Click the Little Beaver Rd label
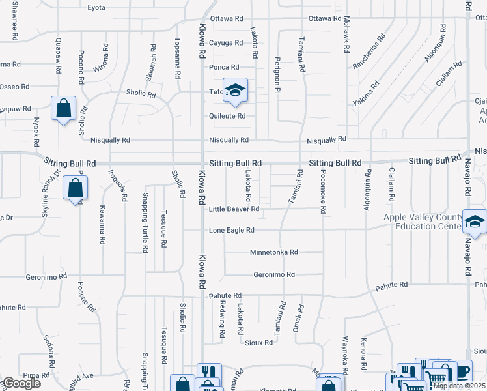[x=234, y=209]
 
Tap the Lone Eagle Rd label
[x=231, y=230]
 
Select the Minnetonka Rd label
[x=273, y=252]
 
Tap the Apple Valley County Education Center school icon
[x=475, y=223]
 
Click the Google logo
[x=21, y=384]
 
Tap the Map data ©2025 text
[x=459, y=386]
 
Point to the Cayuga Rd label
[x=225, y=43]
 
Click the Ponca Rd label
[x=223, y=67]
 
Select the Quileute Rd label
[x=227, y=116]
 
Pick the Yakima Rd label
[x=367, y=94]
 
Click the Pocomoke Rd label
[x=322, y=192]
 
